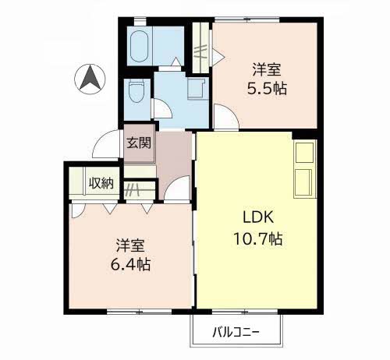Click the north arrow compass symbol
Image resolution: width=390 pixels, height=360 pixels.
[90, 79]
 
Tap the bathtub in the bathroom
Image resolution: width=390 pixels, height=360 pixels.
[140, 46]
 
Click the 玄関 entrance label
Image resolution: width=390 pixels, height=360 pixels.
[139, 143]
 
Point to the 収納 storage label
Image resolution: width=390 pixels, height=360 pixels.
[101, 183]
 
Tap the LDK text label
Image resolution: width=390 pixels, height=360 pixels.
[258, 217]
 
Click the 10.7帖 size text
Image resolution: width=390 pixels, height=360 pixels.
[258, 238]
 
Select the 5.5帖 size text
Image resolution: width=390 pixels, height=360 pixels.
[267, 89]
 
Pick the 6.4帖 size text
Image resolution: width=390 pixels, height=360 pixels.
[130, 264]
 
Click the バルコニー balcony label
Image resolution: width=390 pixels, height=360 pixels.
[236, 332]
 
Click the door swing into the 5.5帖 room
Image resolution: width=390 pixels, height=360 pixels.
[225, 116]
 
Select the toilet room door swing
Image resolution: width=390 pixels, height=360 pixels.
[162, 109]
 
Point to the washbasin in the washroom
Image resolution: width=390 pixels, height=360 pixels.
[197, 89]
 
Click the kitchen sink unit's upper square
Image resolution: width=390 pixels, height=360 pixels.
[304, 153]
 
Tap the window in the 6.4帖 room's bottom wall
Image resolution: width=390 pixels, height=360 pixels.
[140, 312]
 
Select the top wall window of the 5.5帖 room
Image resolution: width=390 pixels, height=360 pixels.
[246, 19]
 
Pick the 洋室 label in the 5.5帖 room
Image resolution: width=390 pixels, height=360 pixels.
[267, 69]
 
